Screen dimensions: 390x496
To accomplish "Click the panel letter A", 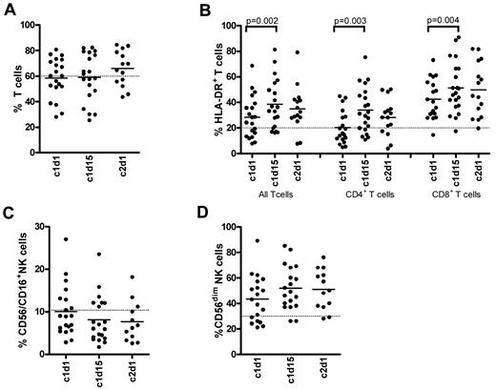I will (8, 9).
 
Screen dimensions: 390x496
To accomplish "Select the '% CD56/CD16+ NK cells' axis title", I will (10, 286).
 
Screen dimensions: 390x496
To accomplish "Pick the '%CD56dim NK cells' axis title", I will (201, 286).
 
